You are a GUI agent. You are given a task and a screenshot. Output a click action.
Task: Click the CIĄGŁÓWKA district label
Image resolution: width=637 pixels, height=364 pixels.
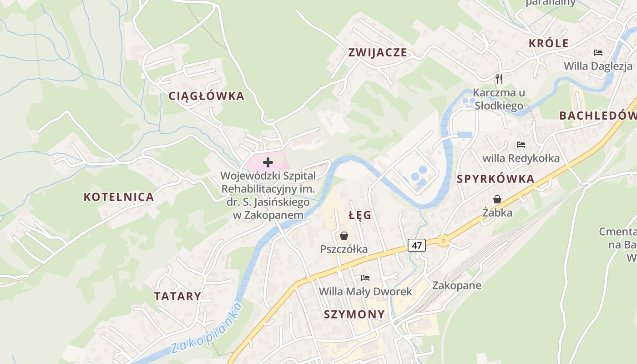click(206, 96)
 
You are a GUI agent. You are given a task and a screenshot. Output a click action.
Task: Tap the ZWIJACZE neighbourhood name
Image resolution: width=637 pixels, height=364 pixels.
click(377, 52)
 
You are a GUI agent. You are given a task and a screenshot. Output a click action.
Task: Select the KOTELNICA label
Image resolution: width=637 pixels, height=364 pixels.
click(119, 197)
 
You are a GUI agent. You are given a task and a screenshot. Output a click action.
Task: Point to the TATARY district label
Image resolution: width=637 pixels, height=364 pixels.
click(177, 296)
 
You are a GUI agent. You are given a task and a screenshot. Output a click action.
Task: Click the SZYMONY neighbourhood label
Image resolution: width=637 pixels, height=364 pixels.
click(354, 314)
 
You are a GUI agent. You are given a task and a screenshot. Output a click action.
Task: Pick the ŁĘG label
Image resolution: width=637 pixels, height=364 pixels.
click(360, 215)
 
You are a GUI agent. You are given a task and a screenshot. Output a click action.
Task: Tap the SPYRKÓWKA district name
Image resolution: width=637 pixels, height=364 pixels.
click(495, 179)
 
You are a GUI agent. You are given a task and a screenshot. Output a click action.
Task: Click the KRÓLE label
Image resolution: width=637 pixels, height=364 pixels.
click(549, 43)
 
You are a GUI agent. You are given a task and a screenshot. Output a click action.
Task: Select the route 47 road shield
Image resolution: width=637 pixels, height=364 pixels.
click(416, 245)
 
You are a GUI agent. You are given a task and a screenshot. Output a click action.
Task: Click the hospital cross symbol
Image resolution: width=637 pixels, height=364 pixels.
click(268, 162)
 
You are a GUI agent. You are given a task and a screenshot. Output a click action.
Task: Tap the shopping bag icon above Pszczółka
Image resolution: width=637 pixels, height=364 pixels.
click(344, 236)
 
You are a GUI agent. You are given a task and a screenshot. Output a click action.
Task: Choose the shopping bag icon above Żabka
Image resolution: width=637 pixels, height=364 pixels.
click(497, 199)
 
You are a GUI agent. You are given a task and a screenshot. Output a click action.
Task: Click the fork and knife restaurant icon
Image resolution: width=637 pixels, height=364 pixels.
click(499, 79)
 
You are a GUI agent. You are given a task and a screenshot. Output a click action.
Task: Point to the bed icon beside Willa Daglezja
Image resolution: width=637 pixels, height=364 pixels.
click(598, 53)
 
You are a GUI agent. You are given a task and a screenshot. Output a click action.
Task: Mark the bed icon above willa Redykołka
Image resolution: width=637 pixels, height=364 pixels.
click(521, 145)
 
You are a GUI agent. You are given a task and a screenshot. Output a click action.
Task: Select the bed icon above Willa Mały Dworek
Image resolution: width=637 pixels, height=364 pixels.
click(365, 278)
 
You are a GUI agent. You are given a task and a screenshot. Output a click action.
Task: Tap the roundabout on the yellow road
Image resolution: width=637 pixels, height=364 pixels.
click(443, 241)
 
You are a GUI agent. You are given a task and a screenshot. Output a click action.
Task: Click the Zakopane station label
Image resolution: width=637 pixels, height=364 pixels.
click(456, 286)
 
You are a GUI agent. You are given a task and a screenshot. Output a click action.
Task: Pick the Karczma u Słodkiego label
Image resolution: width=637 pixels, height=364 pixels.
click(499, 99)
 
